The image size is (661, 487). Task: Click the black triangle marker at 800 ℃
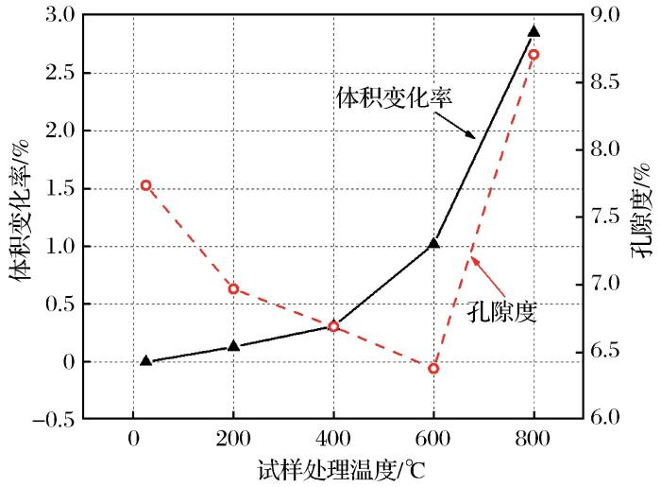[534, 31]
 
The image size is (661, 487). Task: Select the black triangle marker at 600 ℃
[433, 244]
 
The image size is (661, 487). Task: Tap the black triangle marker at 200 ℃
[233, 346]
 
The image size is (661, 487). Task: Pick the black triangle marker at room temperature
[145, 360]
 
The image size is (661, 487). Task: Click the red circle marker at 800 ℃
[534, 55]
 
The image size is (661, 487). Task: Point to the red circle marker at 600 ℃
[433, 368]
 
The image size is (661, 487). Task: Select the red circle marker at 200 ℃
[233, 288]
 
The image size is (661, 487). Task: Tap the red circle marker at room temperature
[145, 185]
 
